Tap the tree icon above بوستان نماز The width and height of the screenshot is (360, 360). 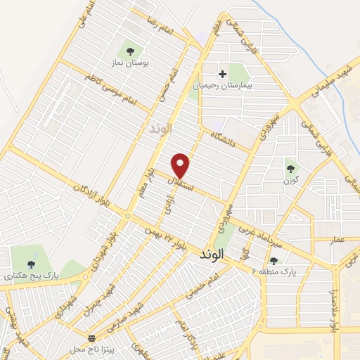[129, 50]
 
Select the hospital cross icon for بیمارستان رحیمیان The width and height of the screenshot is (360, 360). [223, 73]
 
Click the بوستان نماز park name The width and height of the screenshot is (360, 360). [129, 62]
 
